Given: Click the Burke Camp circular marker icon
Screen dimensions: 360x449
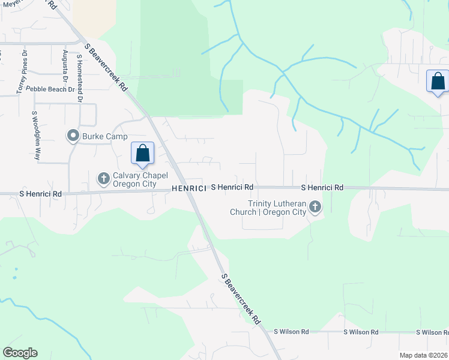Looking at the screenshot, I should [73, 136].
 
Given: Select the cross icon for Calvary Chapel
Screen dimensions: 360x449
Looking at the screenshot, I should [103, 178].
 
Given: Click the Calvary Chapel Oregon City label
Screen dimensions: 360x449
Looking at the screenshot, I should [138, 178].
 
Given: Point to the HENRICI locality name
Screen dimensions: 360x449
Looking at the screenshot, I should [189, 188].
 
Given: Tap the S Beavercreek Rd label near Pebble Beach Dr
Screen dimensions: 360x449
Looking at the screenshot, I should [106, 67].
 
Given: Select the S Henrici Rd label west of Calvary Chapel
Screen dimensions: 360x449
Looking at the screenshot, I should [41, 194].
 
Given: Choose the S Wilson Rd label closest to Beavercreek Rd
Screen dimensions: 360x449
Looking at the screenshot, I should [291, 331].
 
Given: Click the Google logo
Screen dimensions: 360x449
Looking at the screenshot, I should [20, 353].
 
